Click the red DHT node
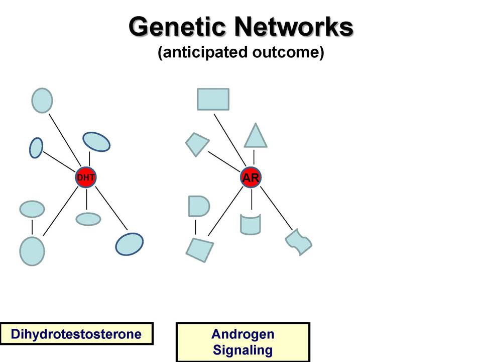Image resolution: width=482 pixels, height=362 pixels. pyautogui.click(x=86, y=177)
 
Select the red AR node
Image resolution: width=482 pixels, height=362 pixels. pyautogui.click(x=251, y=177)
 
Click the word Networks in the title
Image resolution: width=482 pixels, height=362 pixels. pyautogui.click(x=294, y=27)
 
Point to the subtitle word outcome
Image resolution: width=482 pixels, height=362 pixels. pyautogui.click(x=288, y=52)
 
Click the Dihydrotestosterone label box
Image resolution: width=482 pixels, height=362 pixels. pyautogui.click(x=76, y=333)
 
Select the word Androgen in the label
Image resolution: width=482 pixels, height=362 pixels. pyautogui.click(x=243, y=334)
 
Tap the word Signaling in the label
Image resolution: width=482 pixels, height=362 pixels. pyautogui.click(x=243, y=350)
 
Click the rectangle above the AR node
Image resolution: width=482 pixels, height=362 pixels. pyautogui.click(x=213, y=99)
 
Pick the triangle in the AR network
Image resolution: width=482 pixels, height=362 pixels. pyautogui.click(x=256, y=136)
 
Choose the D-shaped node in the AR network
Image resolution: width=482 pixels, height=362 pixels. pyautogui.click(x=199, y=206)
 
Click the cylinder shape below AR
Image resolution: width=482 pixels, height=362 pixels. pyautogui.click(x=251, y=224)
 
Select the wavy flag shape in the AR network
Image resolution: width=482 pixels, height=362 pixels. pyautogui.click(x=299, y=242)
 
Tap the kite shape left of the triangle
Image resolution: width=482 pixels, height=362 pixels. pyautogui.click(x=197, y=144)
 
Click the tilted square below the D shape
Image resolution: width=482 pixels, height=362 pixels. pyautogui.click(x=200, y=250)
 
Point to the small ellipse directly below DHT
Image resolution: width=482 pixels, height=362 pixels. pyautogui.click(x=88, y=219)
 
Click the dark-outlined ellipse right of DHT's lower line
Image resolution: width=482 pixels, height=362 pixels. pyautogui.click(x=130, y=244)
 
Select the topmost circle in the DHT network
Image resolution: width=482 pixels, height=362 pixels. pyautogui.click(x=42, y=101)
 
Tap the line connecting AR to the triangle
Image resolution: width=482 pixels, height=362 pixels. pyautogui.click(x=254, y=157)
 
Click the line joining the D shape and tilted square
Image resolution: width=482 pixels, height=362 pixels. pyautogui.click(x=195, y=227)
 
